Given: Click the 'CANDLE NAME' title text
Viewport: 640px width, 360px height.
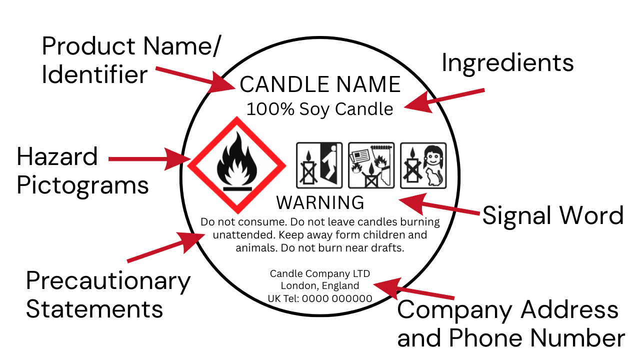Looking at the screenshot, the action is point(320,84).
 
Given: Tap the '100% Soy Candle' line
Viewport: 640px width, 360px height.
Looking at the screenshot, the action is point(319,109).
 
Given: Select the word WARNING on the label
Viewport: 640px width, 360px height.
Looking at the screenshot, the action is point(320,202).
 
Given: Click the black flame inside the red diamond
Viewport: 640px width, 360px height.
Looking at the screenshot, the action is point(237,161).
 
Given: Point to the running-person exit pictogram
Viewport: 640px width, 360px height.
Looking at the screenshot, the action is point(319,165).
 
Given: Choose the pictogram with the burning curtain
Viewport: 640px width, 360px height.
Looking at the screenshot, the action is point(371,165).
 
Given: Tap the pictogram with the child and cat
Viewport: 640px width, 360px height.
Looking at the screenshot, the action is point(423,165).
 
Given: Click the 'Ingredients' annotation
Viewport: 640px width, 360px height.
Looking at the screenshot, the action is point(507,63).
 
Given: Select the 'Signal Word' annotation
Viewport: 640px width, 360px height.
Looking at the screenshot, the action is point(553,215).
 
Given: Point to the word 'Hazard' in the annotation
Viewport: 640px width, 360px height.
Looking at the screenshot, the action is point(57,156).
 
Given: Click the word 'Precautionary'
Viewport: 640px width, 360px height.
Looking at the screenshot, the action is point(108,281).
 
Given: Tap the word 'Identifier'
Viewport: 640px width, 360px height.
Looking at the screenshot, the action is point(94,74).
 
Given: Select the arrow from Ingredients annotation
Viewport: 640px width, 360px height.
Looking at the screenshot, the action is point(444,100).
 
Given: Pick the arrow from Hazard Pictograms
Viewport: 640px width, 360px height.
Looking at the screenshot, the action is point(149,159).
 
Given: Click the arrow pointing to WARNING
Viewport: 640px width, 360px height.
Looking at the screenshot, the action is point(439,205).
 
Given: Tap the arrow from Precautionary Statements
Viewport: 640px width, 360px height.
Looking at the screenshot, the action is point(166,247).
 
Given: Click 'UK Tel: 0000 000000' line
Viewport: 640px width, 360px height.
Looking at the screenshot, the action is point(320,298).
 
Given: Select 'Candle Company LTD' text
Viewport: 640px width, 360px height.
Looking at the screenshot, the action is point(320,273).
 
